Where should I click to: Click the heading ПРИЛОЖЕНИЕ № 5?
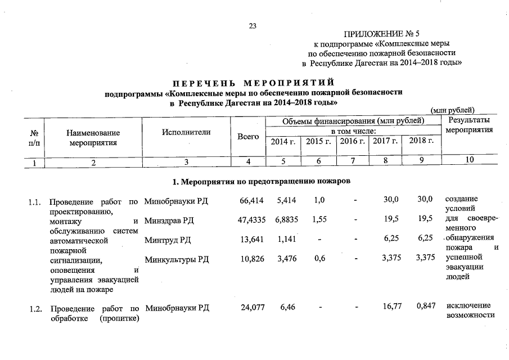point(383,33)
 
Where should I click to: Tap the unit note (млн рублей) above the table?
point(452,110)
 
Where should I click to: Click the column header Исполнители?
point(186,132)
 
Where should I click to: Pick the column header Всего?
point(248,137)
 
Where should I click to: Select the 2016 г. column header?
point(353,141)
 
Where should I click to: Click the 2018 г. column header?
point(422,141)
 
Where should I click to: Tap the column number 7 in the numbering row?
point(352,160)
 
